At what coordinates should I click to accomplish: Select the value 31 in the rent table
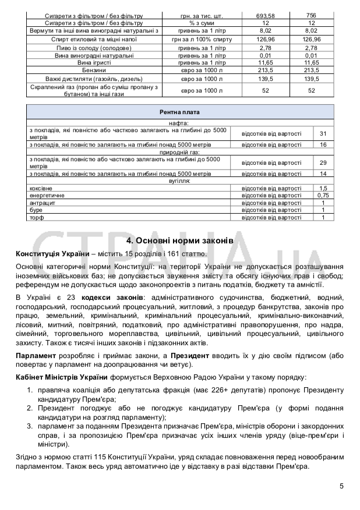coord(323,134)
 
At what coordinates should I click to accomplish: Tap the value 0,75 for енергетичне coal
coord(323,196)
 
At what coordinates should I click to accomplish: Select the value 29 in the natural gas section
coord(323,162)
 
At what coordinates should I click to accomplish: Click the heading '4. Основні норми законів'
coord(179,240)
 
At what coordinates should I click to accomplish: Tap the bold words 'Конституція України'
coord(52,254)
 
